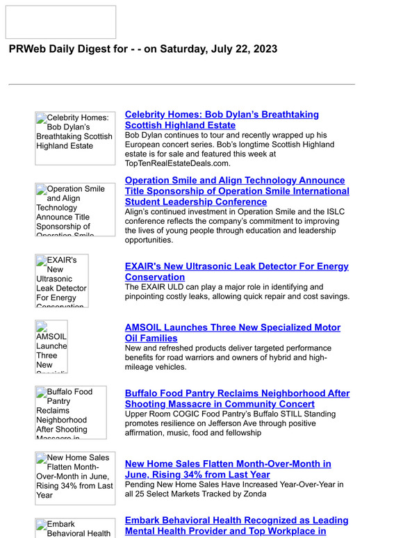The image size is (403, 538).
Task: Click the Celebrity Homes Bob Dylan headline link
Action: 222,120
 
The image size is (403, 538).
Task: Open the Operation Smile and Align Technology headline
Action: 237,191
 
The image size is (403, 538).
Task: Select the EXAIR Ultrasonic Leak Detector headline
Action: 236,271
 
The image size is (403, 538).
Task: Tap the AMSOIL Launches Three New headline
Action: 232,332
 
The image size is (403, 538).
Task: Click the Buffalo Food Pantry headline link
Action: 237,398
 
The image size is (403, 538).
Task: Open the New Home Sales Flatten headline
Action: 227,469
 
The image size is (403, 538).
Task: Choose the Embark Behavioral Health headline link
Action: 236,525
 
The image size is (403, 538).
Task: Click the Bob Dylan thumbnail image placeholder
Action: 75,138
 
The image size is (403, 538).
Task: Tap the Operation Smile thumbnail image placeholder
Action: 75,209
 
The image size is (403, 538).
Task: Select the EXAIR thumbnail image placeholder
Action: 62,281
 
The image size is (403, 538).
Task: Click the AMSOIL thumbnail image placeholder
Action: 51,346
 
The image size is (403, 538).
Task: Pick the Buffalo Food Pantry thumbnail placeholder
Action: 71,412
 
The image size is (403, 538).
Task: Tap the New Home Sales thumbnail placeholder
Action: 75,477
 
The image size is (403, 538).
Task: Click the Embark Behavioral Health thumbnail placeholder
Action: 75,528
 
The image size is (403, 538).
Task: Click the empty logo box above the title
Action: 60,22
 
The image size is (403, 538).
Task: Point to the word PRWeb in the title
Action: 27,49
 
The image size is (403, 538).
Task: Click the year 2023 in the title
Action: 263,49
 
